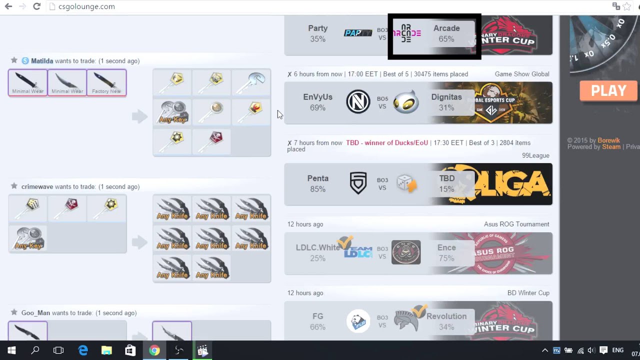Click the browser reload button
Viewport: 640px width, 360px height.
(x=36, y=6)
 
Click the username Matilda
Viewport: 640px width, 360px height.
(x=42, y=61)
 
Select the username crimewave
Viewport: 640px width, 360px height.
(x=37, y=186)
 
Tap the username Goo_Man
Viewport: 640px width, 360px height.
(x=35, y=313)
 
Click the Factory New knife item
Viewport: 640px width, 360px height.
(x=106, y=82)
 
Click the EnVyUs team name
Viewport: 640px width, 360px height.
(x=317, y=97)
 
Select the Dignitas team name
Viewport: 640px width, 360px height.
(x=446, y=97)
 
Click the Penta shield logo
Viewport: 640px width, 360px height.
(x=358, y=183)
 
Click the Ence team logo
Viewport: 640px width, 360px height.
(x=406, y=252)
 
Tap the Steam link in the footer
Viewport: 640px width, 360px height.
(x=611, y=146)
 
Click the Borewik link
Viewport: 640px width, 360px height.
(x=608, y=140)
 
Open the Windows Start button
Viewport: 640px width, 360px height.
(x=11, y=350)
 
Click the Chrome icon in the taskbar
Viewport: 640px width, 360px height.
(x=154, y=350)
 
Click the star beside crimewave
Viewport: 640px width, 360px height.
(x=14, y=186)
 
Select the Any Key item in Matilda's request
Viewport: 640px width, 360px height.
(x=172, y=111)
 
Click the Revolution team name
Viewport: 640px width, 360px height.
(x=446, y=316)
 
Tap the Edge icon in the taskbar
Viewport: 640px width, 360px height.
(x=82, y=350)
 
